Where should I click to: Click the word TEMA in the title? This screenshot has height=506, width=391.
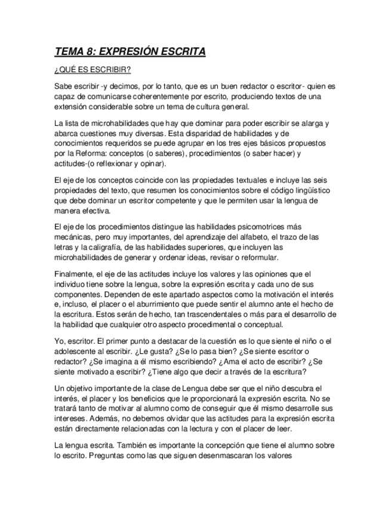coord(68,52)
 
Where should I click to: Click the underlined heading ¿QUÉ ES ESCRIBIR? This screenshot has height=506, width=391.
coord(92,70)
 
